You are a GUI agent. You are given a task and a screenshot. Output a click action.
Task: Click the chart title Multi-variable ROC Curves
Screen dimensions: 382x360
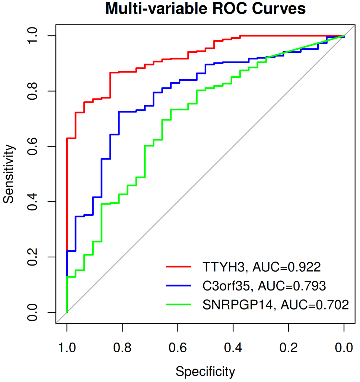click(206, 9)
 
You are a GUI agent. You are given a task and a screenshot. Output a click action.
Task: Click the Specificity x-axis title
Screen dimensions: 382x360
click(205, 371)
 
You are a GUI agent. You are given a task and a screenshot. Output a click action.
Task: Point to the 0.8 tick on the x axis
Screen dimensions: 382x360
click(122, 348)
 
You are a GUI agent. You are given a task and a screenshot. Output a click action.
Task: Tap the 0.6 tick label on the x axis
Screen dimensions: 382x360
click(178, 348)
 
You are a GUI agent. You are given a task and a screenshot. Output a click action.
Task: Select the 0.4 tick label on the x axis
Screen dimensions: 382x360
click(233, 348)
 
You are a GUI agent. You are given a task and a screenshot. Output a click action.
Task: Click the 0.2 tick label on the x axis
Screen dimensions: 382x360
click(289, 348)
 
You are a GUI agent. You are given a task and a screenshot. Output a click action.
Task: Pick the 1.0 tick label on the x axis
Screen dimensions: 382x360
click(67, 348)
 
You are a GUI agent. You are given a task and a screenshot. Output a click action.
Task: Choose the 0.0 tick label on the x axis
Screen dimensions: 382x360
click(344, 348)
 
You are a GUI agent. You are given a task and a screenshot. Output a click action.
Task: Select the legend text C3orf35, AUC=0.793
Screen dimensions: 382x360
click(264, 286)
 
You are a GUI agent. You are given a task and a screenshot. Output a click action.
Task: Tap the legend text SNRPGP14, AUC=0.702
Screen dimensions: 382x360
click(275, 305)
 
